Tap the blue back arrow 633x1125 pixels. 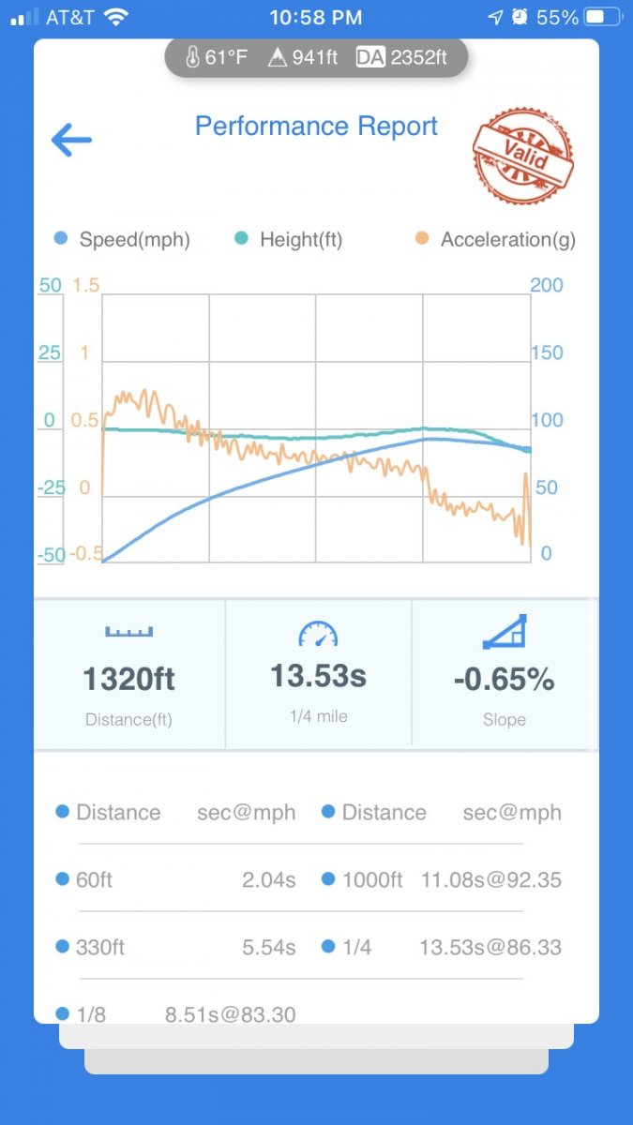point(71,141)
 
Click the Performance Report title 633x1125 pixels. point(316,127)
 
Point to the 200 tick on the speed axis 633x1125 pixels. point(547,285)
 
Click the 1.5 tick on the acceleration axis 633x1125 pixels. point(85,285)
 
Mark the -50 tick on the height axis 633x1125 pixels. point(51,554)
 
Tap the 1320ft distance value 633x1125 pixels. point(129,679)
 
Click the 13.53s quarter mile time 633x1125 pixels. point(318,676)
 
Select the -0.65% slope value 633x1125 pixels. point(504,680)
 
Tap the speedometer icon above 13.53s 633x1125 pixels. point(317,635)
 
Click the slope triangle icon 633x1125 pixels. point(505,633)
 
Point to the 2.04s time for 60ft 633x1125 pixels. point(268,880)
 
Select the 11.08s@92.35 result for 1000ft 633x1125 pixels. point(490,880)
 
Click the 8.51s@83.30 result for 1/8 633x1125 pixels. point(231,1014)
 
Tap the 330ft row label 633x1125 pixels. point(100,948)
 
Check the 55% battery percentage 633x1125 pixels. point(557,18)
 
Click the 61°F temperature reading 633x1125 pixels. point(226,58)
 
